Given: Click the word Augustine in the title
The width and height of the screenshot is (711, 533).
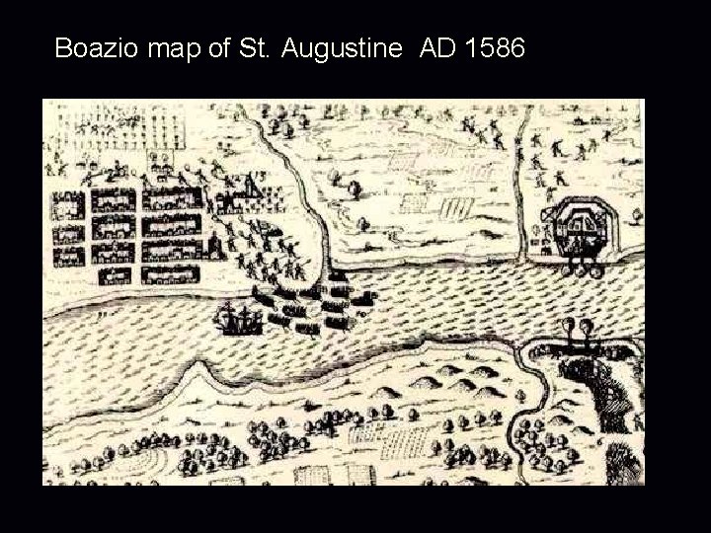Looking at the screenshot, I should tap(344, 47).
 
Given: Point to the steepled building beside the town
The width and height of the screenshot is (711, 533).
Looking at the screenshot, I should tap(254, 192).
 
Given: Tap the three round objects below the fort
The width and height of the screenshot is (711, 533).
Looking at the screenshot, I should tap(580, 264).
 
